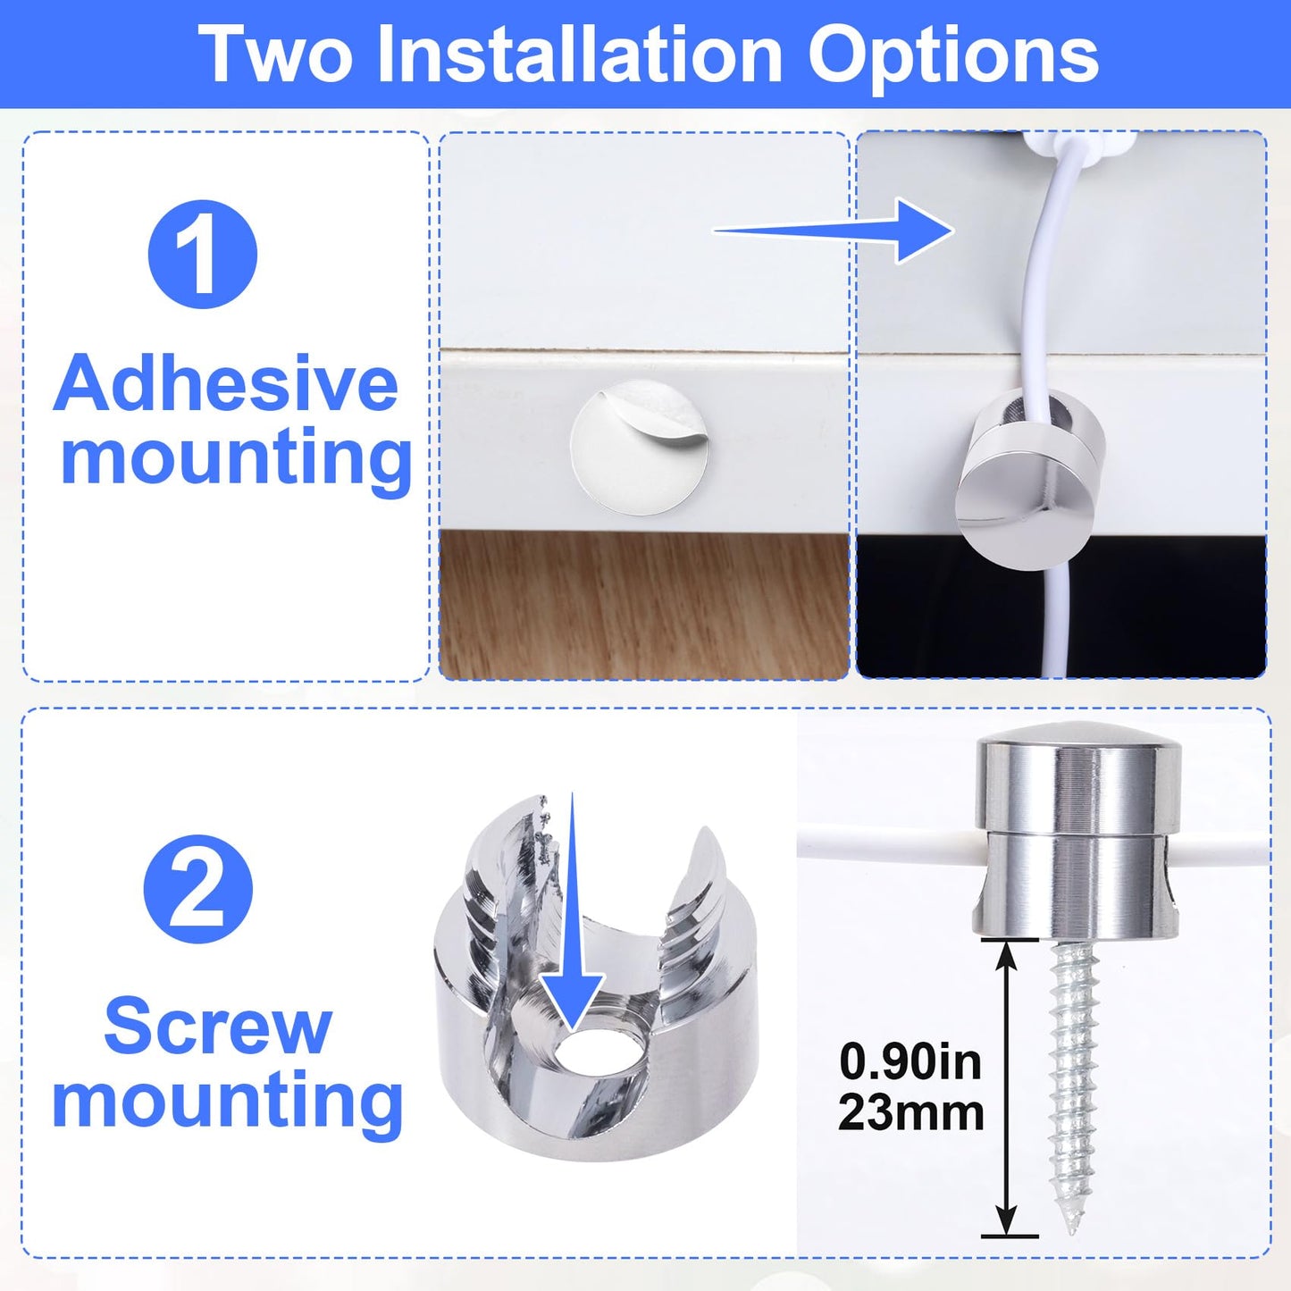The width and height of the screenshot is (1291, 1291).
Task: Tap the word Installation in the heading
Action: click(x=580, y=54)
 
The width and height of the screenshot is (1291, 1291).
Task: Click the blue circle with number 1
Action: click(x=202, y=254)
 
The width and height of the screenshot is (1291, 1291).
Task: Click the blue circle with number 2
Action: click(x=198, y=889)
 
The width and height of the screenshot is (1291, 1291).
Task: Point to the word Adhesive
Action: click(x=226, y=383)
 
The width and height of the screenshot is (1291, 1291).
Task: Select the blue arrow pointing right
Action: click(x=834, y=231)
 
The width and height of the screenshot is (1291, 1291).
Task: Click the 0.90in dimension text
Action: click(x=910, y=1062)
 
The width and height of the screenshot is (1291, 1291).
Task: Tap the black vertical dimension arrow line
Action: click(x=1006, y=1086)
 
